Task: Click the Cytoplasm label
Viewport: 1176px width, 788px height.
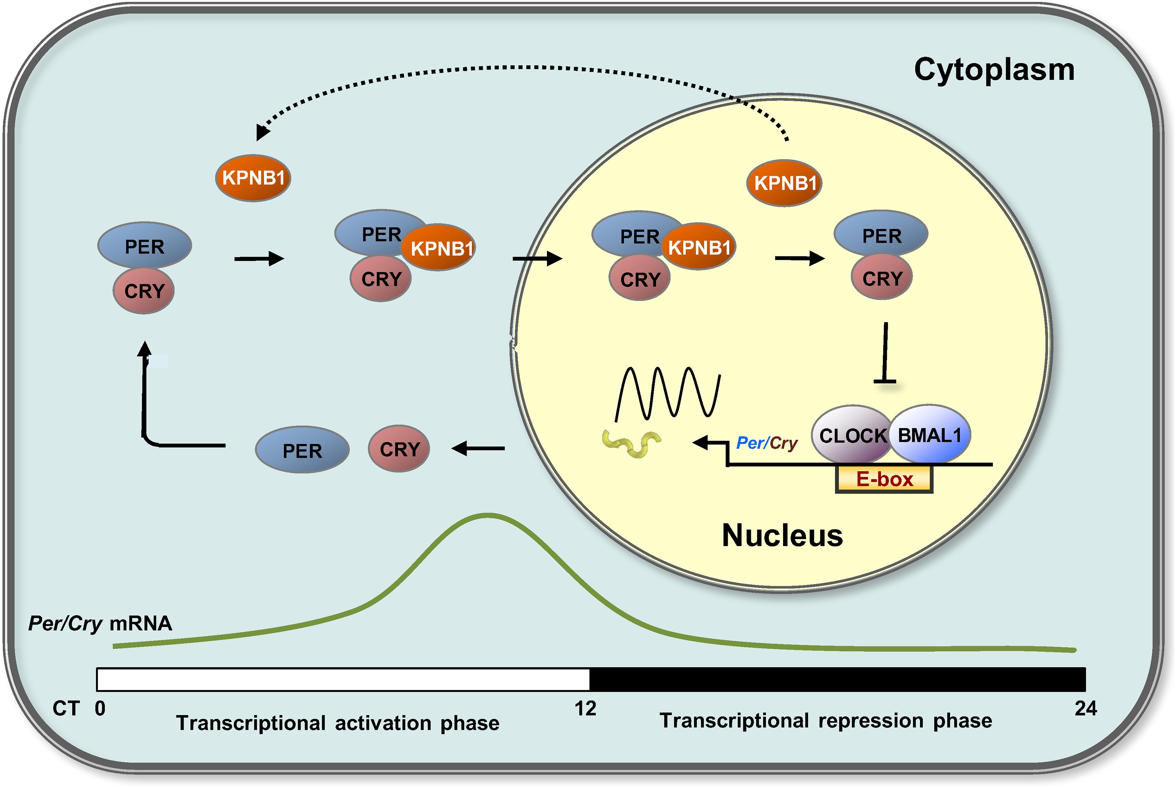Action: pos(994,70)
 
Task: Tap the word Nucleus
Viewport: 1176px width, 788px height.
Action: pos(782,535)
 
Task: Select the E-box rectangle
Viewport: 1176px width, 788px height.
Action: pos(884,479)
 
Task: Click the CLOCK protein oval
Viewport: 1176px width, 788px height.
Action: pos(852,435)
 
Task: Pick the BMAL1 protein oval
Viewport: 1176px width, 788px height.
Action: pos(930,434)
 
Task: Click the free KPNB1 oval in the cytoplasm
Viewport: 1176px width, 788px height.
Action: pos(253,178)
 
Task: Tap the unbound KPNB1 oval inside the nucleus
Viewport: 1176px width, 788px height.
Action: pos(784,183)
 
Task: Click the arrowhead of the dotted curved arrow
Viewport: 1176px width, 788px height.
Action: pos(262,132)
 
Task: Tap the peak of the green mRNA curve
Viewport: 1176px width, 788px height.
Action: pos(487,515)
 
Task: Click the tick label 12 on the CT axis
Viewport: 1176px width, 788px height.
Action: pos(585,709)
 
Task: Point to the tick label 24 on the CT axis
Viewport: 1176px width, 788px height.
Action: pos(1086,709)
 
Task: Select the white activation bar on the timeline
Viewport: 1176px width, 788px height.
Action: pos(343,680)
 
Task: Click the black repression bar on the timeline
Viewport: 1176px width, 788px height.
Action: pos(838,680)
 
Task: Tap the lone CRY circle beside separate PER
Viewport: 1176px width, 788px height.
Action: pos(399,449)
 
